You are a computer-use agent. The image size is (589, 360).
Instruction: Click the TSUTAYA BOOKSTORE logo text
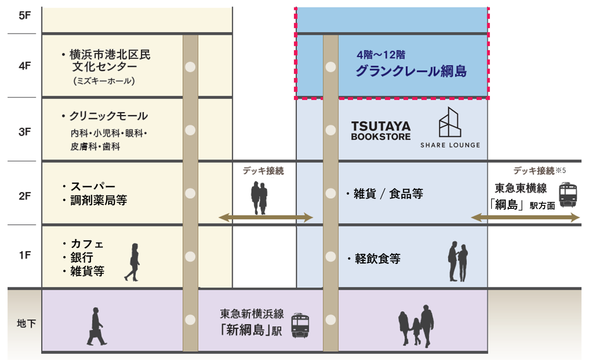click(381, 131)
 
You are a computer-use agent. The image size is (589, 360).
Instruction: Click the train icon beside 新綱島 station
click(301, 325)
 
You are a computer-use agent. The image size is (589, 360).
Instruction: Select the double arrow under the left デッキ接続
click(266, 218)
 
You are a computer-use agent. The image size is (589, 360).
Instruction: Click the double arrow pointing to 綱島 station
click(525, 218)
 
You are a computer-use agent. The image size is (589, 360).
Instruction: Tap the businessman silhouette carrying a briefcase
click(96, 326)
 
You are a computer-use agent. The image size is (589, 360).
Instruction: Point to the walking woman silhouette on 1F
click(133, 262)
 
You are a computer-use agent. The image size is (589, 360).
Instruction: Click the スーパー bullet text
click(92, 187)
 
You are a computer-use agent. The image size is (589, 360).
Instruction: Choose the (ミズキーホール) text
click(104, 81)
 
